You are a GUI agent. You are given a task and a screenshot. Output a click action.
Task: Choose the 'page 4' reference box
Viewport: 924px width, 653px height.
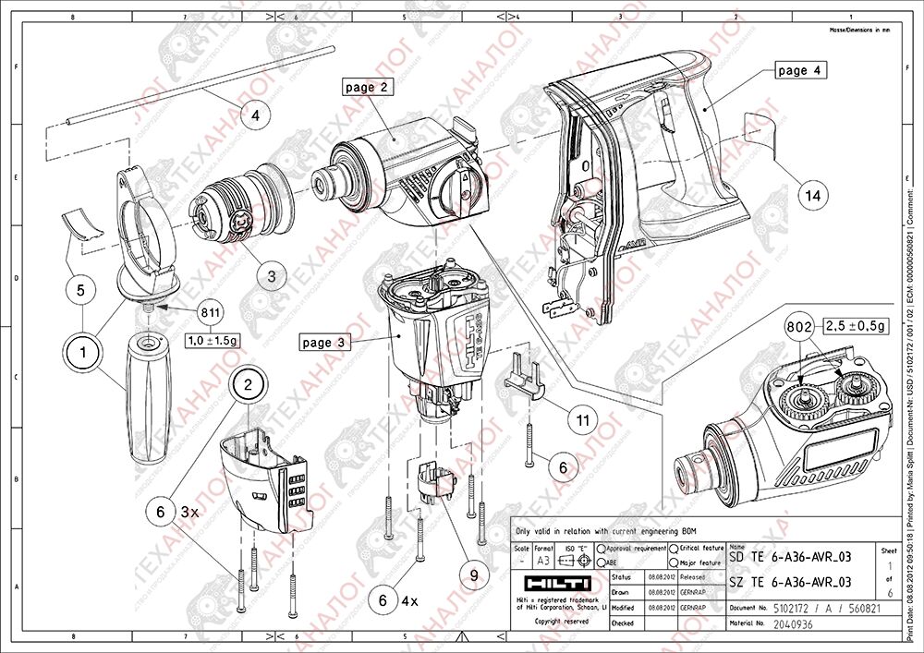(x=800, y=70)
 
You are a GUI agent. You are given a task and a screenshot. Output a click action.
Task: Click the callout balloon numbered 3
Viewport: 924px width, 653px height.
(x=272, y=275)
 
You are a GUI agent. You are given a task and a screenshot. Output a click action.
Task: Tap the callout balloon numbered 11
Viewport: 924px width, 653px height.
(x=582, y=419)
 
